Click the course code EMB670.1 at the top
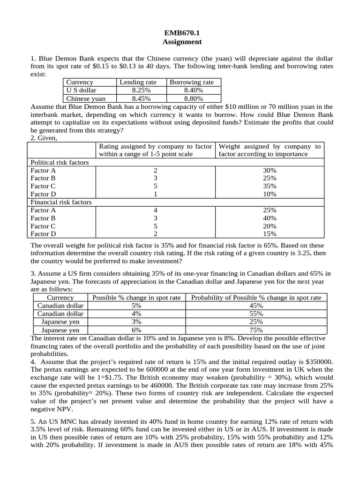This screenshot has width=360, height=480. (182, 33)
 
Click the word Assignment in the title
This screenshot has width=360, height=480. (182, 42)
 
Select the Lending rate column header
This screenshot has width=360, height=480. (138, 82)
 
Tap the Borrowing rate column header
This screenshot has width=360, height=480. (191, 82)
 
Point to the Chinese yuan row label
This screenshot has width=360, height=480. (86, 98)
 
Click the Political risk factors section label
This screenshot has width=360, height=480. (60, 162)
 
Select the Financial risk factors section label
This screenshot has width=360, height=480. (61, 202)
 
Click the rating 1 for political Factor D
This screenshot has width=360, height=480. (155, 194)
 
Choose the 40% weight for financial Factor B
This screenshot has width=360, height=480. (270, 218)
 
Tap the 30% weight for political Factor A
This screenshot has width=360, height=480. (270, 170)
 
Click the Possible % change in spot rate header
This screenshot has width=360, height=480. (137, 298)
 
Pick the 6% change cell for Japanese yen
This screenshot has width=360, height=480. (137, 330)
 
